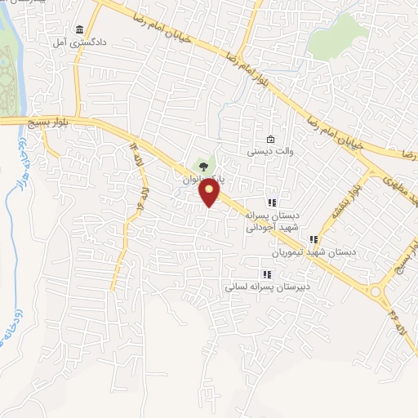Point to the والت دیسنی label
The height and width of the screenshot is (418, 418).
[270, 151]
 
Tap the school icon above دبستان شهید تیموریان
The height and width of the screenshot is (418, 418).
[313, 240]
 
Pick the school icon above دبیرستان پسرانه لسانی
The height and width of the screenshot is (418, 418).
[266, 274]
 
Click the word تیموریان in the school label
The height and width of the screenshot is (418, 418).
[296, 253]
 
